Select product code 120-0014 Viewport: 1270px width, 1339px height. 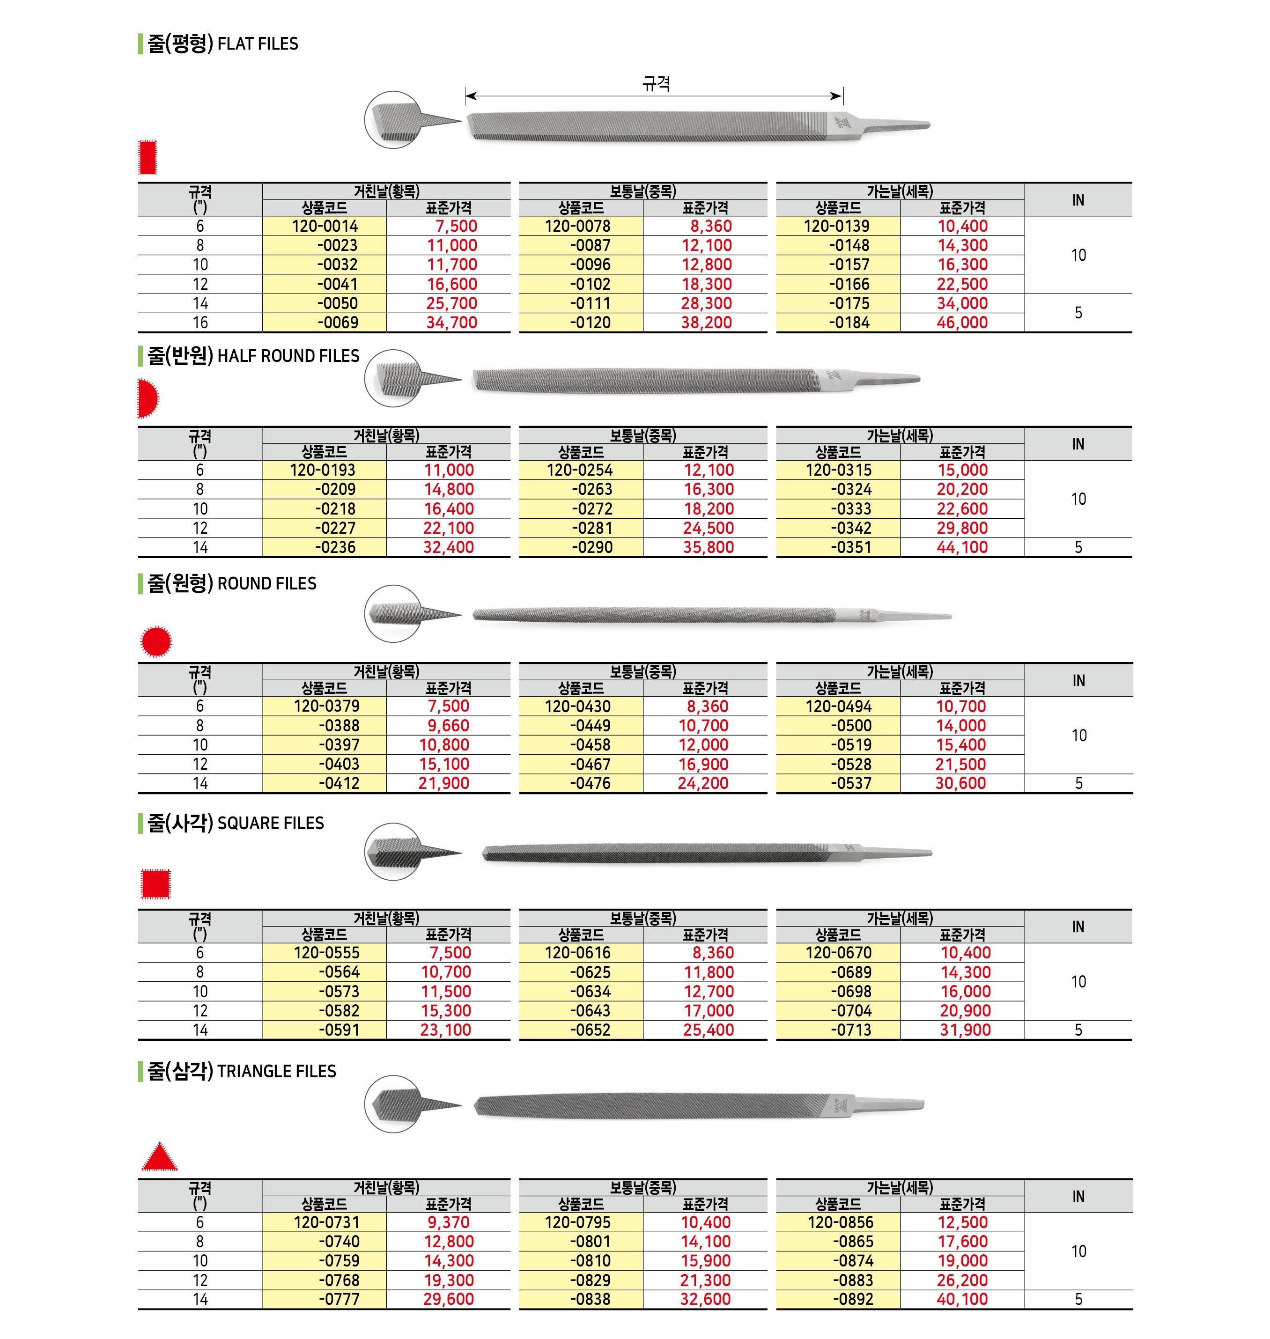325,226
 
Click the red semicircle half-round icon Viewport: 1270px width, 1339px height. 148,399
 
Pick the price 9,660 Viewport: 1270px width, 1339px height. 443,726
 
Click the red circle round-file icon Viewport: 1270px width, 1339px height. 156,641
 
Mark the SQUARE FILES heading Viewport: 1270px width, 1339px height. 236,823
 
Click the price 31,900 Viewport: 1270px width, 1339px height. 965,1030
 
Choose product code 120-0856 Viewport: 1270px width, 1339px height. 840,1222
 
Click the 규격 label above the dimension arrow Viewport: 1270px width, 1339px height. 655,84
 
